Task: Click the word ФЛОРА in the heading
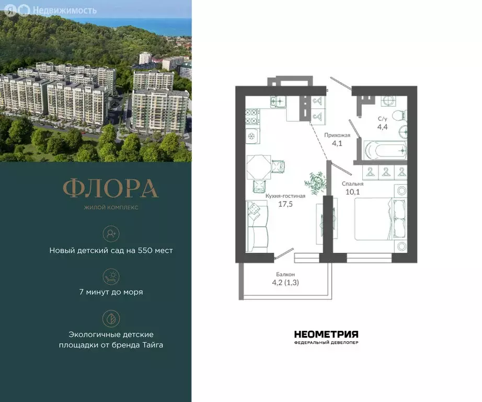pyautogui.click(x=110, y=189)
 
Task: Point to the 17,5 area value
pyautogui.click(x=285, y=204)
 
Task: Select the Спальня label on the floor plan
pyautogui.click(x=353, y=184)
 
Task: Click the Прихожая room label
pyautogui.click(x=334, y=135)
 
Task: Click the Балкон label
pyautogui.click(x=285, y=274)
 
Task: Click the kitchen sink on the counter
pyautogui.click(x=279, y=101)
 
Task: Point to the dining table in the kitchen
pyautogui.click(x=259, y=168)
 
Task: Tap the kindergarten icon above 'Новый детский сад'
pyautogui.click(x=111, y=232)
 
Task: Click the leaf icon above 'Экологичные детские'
pyautogui.click(x=111, y=318)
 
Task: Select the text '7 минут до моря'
pyautogui.click(x=111, y=292)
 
